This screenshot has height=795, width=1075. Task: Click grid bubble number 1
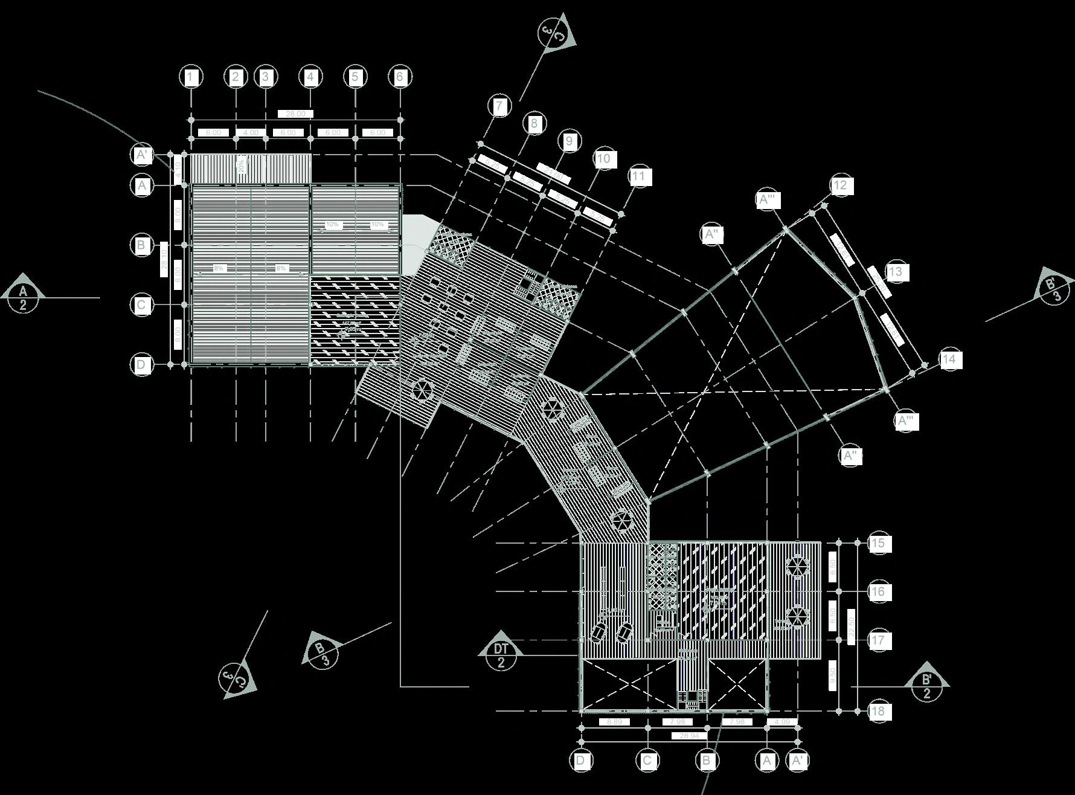click(x=191, y=77)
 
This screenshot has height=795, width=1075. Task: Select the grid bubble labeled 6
click(x=399, y=77)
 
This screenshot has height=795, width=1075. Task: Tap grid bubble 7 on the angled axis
click(x=499, y=106)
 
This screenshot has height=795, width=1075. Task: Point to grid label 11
click(x=638, y=176)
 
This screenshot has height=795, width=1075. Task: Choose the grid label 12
click(x=840, y=185)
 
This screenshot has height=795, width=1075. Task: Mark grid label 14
click(x=949, y=359)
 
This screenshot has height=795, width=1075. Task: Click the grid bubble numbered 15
click(x=878, y=543)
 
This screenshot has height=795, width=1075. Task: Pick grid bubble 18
click(x=878, y=711)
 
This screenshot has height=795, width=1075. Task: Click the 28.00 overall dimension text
click(x=295, y=114)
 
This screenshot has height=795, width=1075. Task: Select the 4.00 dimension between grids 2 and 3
click(x=251, y=132)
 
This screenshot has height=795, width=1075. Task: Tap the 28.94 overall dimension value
click(x=688, y=736)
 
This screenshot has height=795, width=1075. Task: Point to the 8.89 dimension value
click(x=614, y=722)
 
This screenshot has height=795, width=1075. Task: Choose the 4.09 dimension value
click(x=781, y=722)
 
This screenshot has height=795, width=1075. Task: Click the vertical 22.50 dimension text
click(x=852, y=627)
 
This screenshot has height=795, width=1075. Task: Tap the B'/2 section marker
click(x=927, y=686)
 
